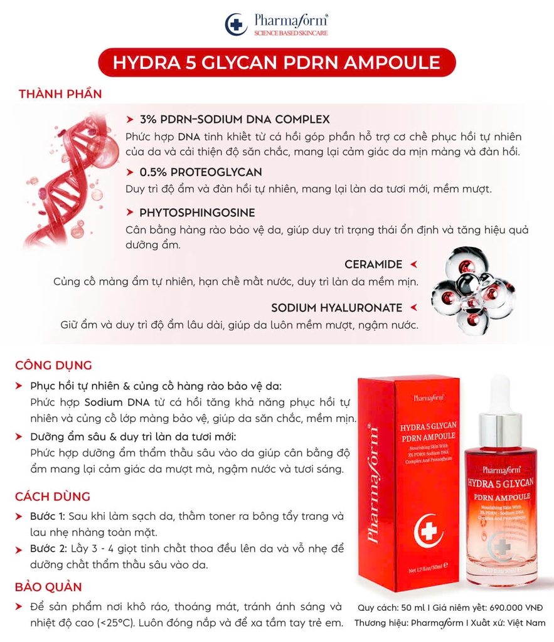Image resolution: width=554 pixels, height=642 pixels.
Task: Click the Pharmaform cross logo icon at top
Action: pos(236,24)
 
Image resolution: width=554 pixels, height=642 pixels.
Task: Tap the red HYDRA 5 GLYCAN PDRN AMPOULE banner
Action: pos(277,63)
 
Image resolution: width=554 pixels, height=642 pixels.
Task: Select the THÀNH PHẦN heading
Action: pos(60,94)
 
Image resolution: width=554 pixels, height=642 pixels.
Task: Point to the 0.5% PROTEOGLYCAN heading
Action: pos(201,172)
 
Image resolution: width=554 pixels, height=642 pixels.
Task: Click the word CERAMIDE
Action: pos(373,265)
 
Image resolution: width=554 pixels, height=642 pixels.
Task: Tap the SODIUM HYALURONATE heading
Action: pos(337,308)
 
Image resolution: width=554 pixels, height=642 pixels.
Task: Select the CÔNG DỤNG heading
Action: pos(53,365)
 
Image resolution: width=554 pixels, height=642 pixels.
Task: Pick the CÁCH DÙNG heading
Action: pos(53,497)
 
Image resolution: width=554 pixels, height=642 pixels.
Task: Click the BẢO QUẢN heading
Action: pos(48,587)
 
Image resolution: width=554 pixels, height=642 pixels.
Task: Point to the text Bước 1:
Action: pos(48,517)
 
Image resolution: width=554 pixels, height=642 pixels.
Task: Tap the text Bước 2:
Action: pos(48,549)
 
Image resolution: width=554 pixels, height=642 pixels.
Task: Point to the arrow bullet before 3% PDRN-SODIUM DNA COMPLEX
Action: pos(130,119)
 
